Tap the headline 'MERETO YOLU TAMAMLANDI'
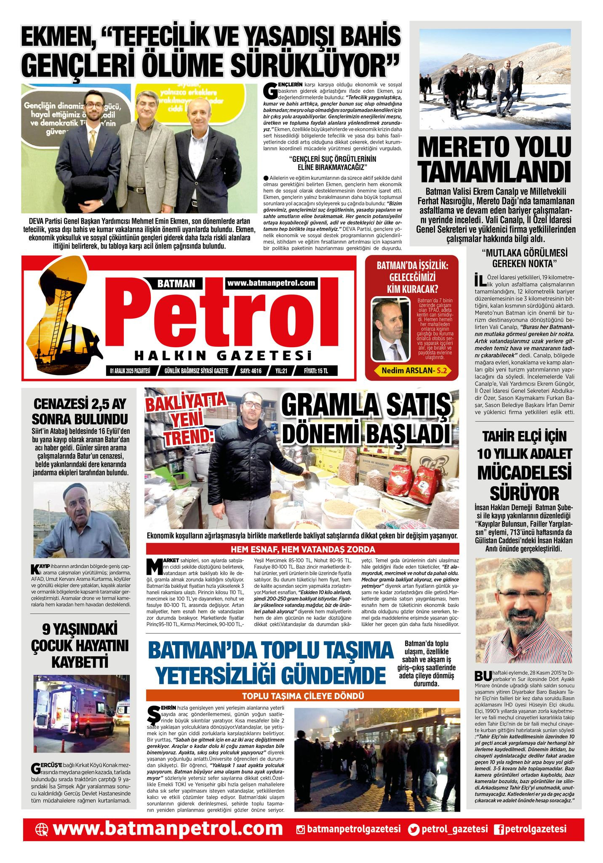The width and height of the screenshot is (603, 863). pyautogui.click(x=495, y=160)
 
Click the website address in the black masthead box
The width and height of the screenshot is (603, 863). pyautogui.click(x=271, y=283)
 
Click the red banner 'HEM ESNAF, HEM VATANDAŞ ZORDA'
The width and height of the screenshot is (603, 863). pyautogui.click(x=302, y=549)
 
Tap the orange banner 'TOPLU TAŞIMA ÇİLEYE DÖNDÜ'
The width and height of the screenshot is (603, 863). pyautogui.click(x=302, y=696)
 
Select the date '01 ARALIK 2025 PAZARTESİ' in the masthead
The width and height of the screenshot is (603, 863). pyautogui.click(x=130, y=371)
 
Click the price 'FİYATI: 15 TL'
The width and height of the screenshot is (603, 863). pyautogui.click(x=315, y=371)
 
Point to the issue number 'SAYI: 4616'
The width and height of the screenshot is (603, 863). pyautogui.click(x=251, y=371)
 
